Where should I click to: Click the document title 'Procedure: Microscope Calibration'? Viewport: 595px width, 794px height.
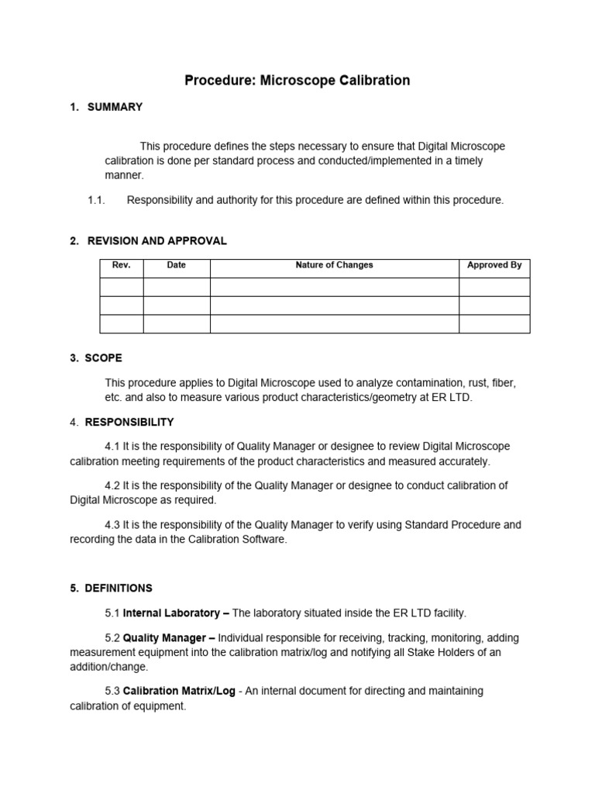(297, 81)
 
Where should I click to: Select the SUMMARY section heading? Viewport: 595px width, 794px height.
(115, 107)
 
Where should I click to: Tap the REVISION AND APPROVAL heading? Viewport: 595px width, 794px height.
(156, 241)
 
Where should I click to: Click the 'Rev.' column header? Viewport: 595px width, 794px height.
(122, 265)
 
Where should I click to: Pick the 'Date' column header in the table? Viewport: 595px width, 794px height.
(177, 265)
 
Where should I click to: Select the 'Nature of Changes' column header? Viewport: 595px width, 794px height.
(334, 265)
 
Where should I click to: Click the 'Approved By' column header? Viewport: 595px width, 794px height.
(494, 265)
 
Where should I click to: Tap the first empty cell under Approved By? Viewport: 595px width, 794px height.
(494, 287)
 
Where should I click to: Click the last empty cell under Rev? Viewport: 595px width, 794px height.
(122, 323)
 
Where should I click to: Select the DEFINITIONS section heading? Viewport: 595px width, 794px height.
(119, 588)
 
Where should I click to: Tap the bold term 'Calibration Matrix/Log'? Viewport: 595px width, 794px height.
(180, 691)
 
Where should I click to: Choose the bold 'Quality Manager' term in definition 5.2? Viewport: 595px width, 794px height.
(169, 638)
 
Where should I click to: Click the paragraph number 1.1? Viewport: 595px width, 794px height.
(96, 200)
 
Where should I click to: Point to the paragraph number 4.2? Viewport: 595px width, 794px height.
(112, 485)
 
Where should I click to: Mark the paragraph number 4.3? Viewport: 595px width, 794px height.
(112, 525)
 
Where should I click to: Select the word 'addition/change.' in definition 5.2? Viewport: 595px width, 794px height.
(108, 667)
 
